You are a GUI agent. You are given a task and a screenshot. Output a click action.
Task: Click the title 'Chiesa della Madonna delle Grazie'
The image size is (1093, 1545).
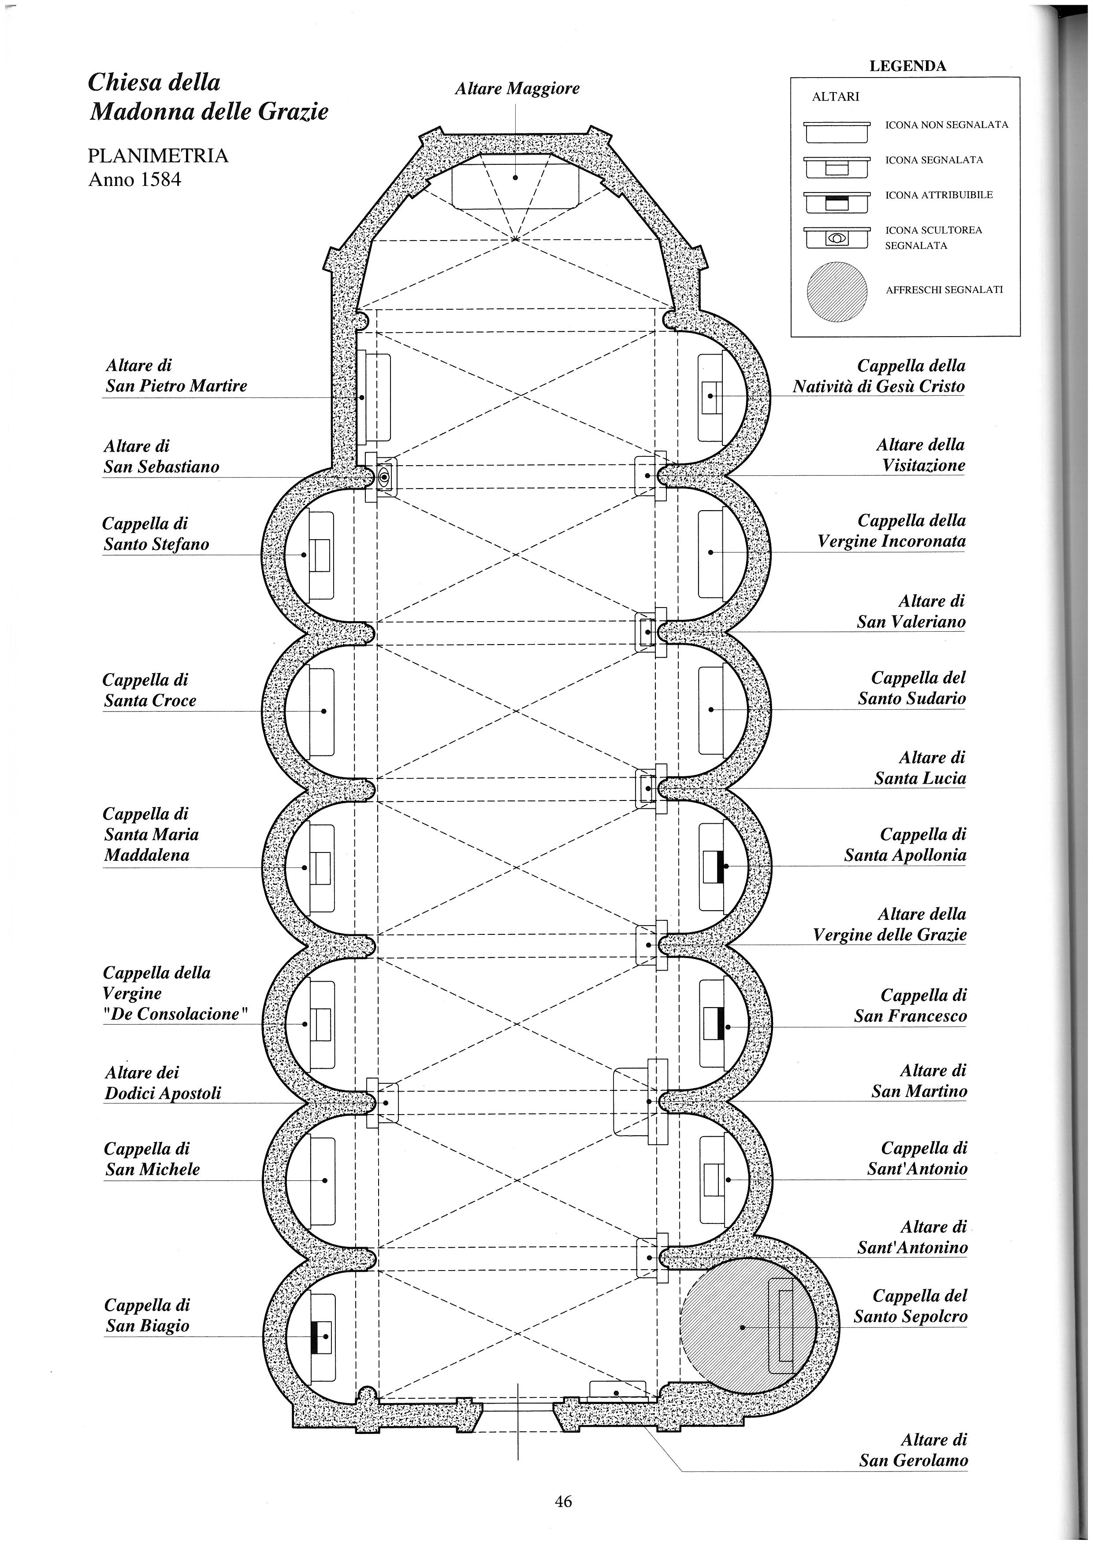click(208, 96)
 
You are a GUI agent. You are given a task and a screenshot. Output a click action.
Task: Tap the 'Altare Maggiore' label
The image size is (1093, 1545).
click(517, 88)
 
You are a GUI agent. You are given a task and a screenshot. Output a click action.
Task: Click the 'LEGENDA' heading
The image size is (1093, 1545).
click(908, 66)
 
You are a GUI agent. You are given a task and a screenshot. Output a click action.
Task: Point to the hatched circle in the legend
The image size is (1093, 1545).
click(836, 290)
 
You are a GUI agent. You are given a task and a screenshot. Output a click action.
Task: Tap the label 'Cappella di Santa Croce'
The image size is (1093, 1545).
click(149, 690)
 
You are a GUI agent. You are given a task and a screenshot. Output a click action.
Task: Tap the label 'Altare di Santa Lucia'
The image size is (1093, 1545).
click(920, 768)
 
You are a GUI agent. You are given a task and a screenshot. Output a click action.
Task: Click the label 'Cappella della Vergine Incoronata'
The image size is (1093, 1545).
click(892, 530)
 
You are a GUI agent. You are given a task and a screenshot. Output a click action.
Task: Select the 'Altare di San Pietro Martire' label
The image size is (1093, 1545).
click(176, 375)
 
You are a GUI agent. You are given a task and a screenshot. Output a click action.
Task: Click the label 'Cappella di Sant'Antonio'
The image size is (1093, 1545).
click(917, 1158)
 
